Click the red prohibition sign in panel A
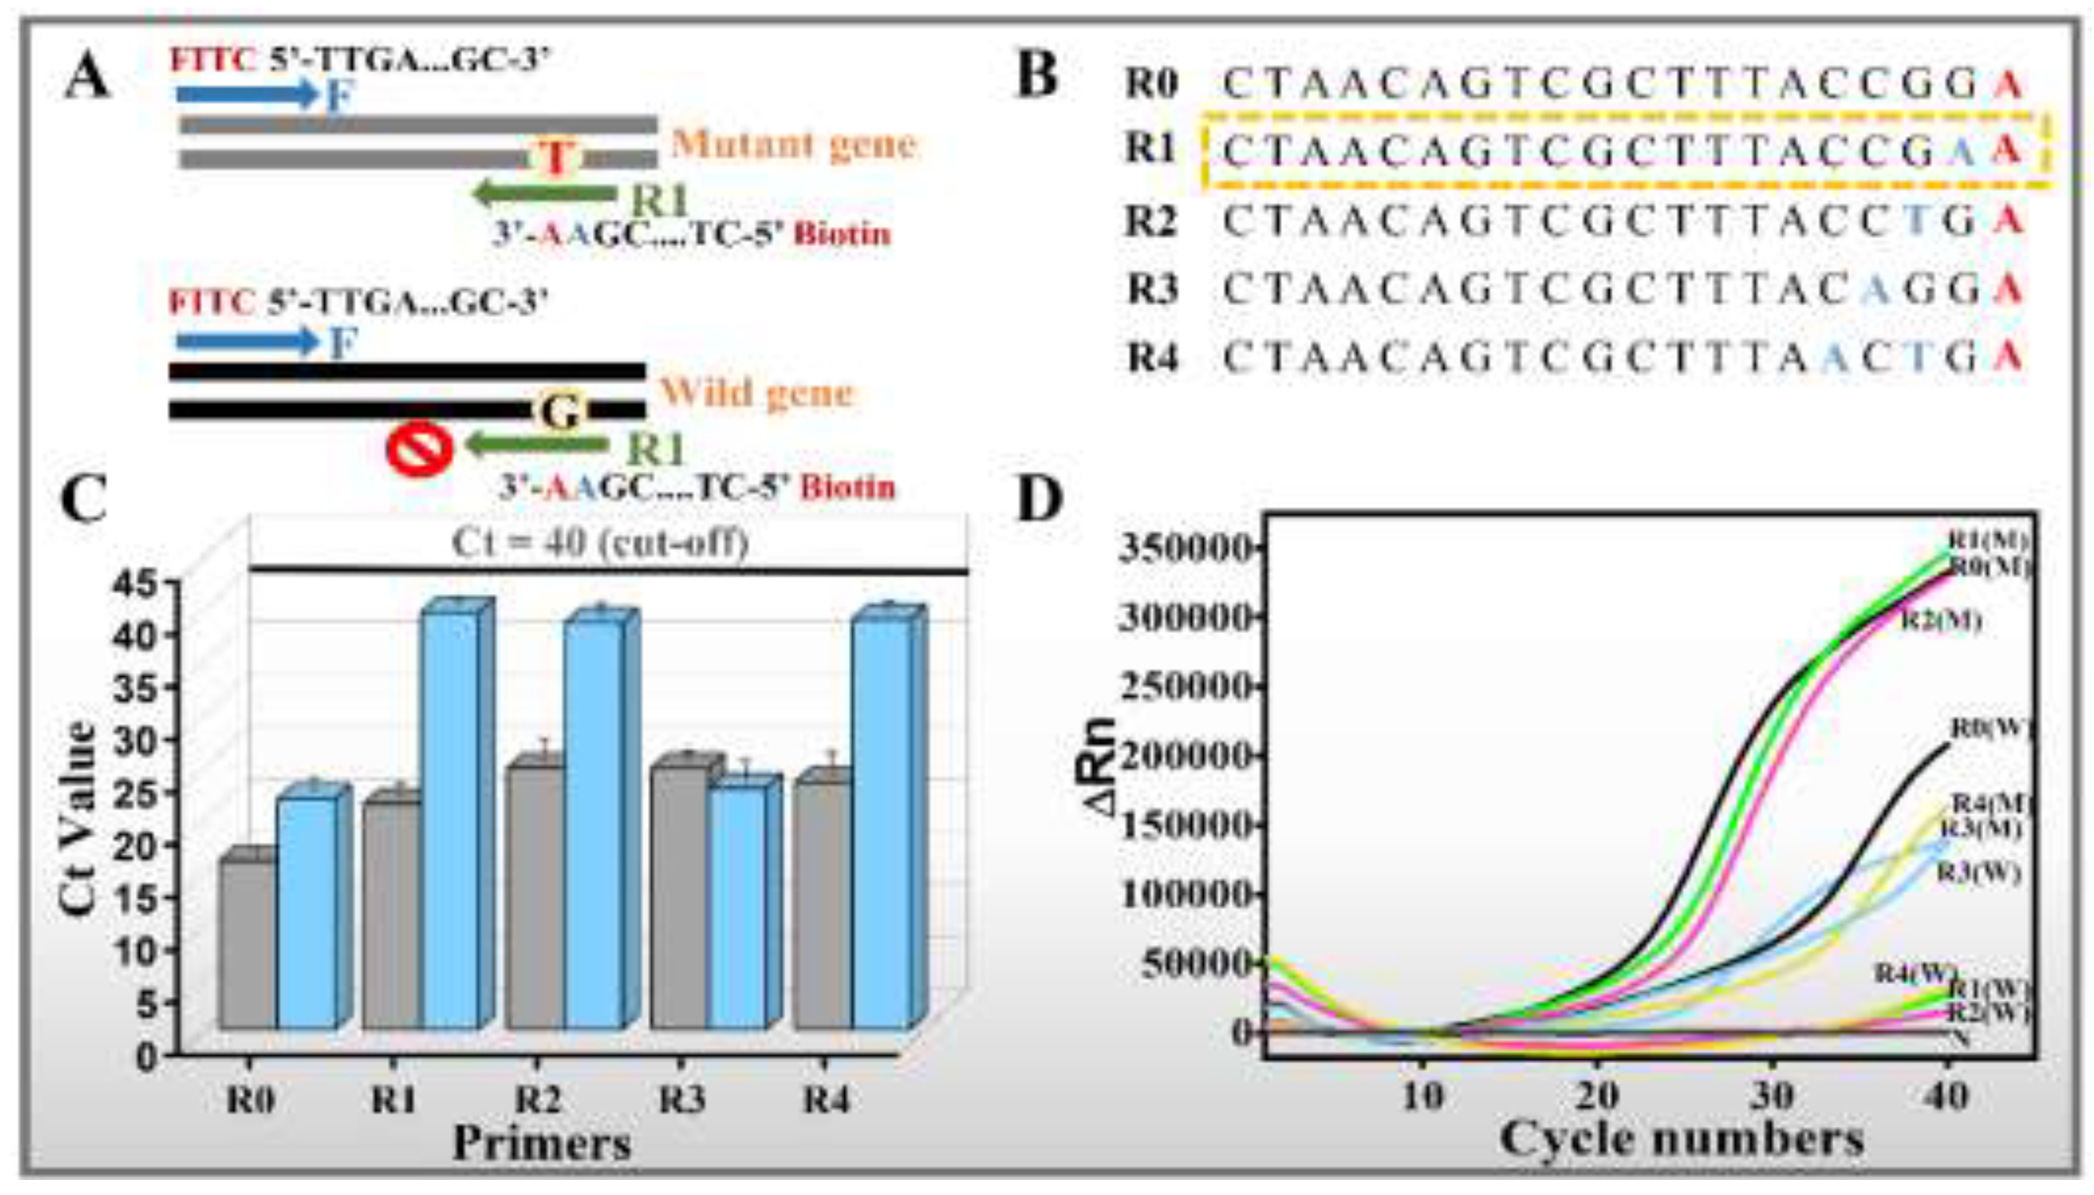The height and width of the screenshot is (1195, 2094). (x=420, y=450)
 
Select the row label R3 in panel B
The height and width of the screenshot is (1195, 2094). (x=1153, y=289)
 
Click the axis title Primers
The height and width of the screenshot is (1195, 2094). (x=542, y=1143)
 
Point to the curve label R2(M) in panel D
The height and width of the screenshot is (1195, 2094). (x=1940, y=620)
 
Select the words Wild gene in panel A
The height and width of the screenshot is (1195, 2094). (x=756, y=393)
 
